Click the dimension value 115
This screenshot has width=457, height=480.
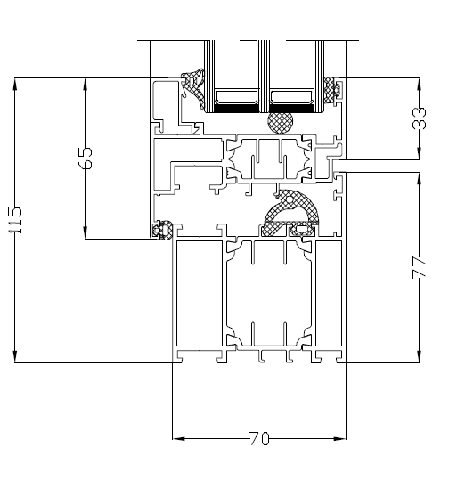pos(15,220)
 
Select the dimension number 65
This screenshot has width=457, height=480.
pos(85,159)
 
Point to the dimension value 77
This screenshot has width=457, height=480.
pos(420,266)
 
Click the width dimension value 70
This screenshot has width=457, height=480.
pos(258,439)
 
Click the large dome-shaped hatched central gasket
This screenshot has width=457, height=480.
pos(295,209)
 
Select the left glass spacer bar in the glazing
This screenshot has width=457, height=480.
pos(236,95)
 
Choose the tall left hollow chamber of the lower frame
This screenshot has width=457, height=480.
pos(198,294)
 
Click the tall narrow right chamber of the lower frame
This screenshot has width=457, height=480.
pos(329,294)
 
